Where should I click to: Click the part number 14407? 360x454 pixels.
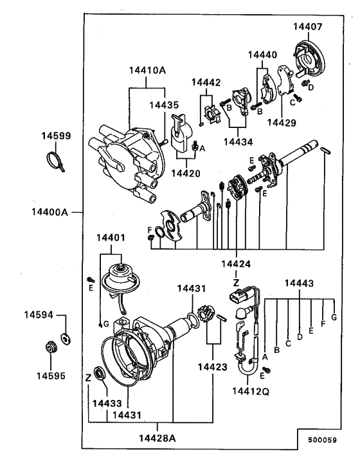coord(308,27)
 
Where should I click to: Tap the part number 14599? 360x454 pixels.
coord(57,136)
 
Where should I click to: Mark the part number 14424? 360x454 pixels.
coord(236,264)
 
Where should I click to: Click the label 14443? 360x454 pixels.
coord(300,283)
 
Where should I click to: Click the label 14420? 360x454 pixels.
coord(185,173)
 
